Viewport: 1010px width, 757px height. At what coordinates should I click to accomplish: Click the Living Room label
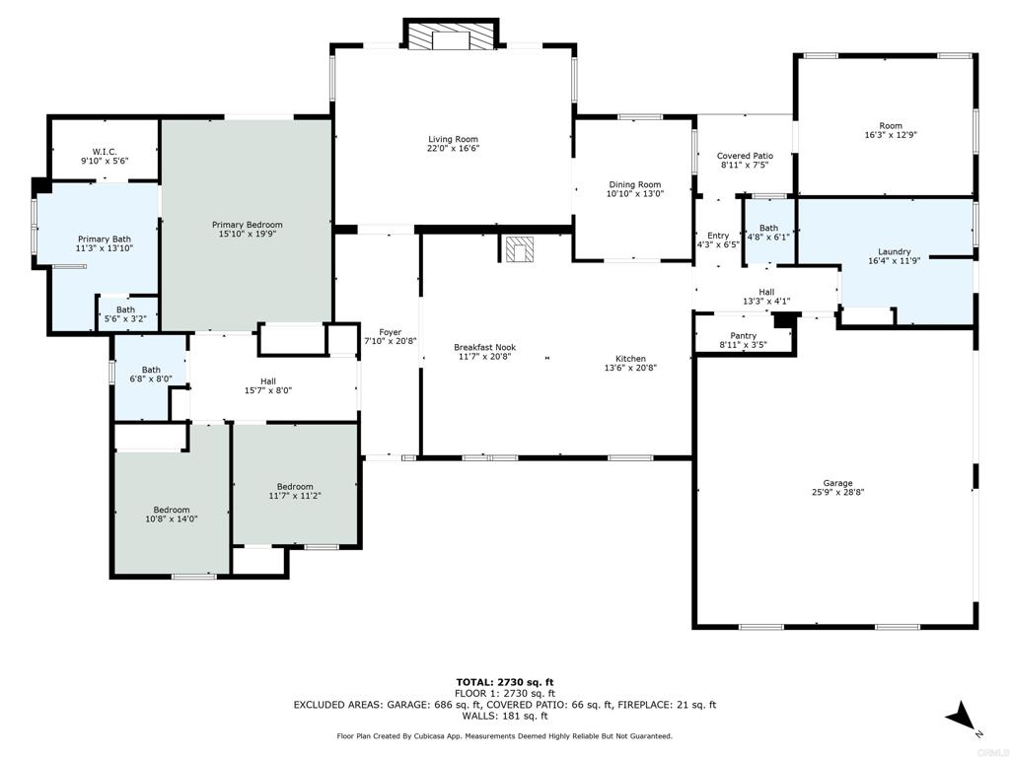[454, 139]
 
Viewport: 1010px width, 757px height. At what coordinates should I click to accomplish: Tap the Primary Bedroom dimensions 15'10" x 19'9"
[248, 235]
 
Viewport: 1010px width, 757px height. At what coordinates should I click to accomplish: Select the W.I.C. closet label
[105, 152]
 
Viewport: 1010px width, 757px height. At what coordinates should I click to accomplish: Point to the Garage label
[837, 483]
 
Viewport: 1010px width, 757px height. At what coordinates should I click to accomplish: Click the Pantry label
[744, 336]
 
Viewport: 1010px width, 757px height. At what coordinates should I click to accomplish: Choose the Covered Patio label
[746, 156]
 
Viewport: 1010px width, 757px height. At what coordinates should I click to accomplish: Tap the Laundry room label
[894, 251]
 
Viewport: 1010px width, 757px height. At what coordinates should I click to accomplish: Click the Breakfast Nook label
[485, 348]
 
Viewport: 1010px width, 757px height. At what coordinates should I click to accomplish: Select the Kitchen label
[630, 359]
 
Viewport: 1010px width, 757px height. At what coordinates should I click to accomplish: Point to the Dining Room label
[635, 184]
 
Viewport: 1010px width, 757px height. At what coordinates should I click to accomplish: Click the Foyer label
[391, 332]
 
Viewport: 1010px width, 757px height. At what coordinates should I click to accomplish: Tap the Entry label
[718, 236]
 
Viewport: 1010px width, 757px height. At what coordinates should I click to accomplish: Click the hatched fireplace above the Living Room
[451, 37]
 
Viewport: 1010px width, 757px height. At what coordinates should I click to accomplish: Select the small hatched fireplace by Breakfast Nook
[519, 249]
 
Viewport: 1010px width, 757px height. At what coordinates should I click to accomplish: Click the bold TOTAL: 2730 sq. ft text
[505, 682]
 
